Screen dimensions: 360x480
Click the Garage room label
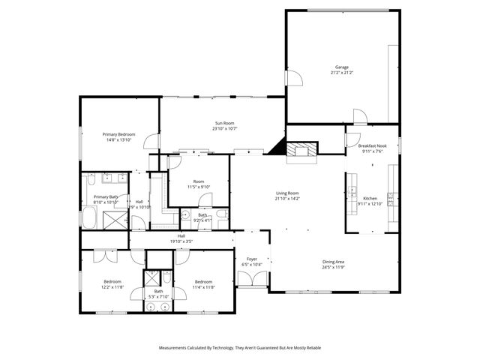click(341, 67)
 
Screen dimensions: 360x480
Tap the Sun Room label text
click(224, 123)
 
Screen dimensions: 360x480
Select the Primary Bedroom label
click(119, 134)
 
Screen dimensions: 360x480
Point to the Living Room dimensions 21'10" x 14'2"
click(287, 198)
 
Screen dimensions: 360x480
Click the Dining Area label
click(333, 262)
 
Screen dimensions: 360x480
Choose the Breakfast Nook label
click(372, 145)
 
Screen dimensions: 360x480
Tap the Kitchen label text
click(370, 199)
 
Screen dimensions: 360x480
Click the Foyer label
click(251, 259)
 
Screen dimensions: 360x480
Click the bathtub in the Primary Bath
click(88, 220)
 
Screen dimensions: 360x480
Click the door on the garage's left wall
click(293, 77)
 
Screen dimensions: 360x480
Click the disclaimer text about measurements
click(239, 348)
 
